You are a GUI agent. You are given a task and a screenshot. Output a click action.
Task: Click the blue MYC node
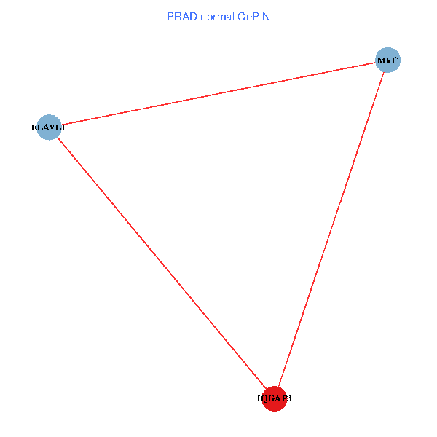[x=387, y=60]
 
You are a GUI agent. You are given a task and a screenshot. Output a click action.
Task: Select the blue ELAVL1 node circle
[x=48, y=127]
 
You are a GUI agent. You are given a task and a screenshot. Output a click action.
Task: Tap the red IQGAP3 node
[x=274, y=398]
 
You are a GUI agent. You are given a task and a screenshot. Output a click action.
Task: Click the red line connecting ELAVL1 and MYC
[x=219, y=93]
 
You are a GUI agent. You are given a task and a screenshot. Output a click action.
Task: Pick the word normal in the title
[x=216, y=16]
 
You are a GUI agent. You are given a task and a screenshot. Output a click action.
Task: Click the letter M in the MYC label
[x=381, y=60]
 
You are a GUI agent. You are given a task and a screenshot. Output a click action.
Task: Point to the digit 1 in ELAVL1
[x=63, y=127]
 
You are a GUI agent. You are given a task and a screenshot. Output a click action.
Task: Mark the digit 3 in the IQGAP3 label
[x=289, y=398]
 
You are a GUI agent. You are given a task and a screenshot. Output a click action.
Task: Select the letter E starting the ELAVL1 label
[x=34, y=127]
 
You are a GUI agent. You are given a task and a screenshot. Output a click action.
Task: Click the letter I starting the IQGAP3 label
[x=259, y=398]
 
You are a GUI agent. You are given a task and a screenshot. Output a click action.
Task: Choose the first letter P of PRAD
[x=170, y=16]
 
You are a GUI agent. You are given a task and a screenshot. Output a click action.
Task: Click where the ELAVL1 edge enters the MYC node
[x=376, y=63]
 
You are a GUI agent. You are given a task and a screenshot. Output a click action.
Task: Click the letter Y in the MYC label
[x=388, y=60]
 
